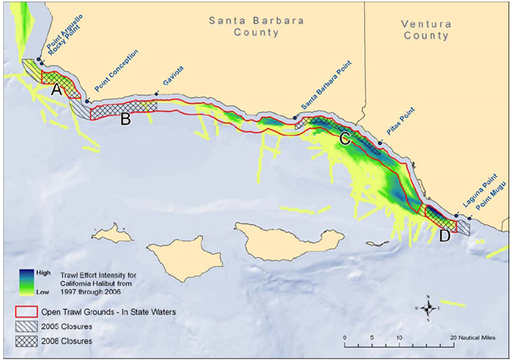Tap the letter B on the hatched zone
pyautogui.click(x=125, y=118)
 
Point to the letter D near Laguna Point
pyautogui.click(x=445, y=235)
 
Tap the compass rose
pyautogui.click(x=429, y=308)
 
